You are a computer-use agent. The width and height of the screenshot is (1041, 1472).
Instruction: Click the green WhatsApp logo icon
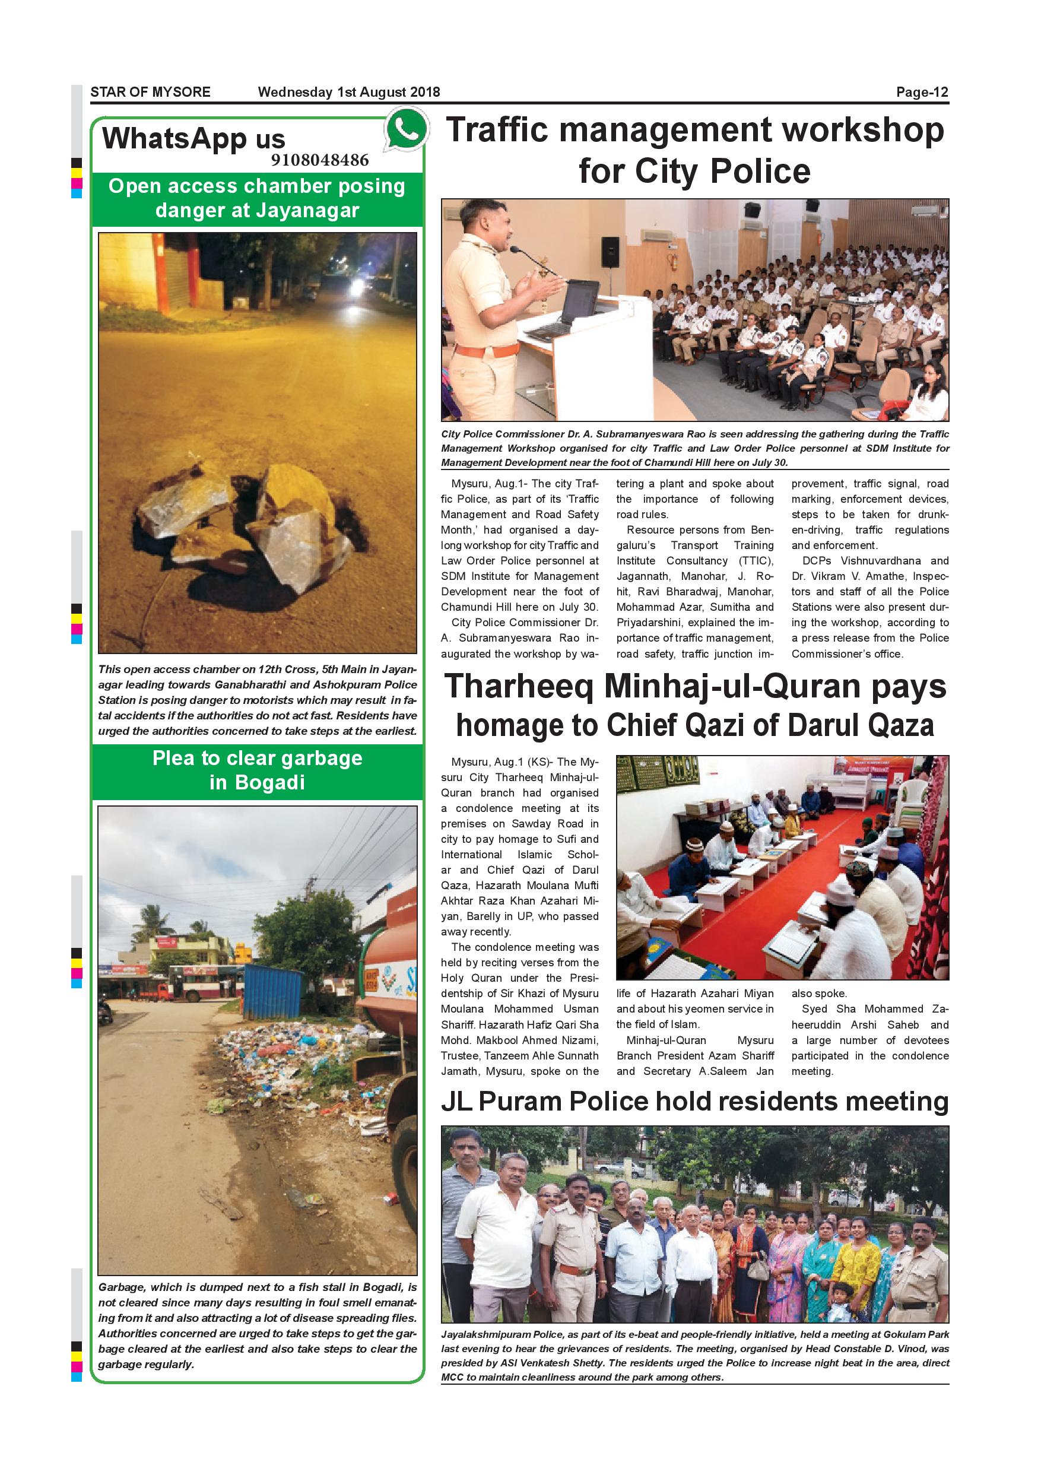[406, 129]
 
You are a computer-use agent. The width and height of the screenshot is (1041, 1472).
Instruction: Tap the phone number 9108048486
[319, 160]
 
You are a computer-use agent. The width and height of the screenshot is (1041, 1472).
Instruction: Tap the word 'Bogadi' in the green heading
[269, 783]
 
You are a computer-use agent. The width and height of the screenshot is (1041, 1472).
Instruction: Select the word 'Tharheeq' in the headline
[519, 687]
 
